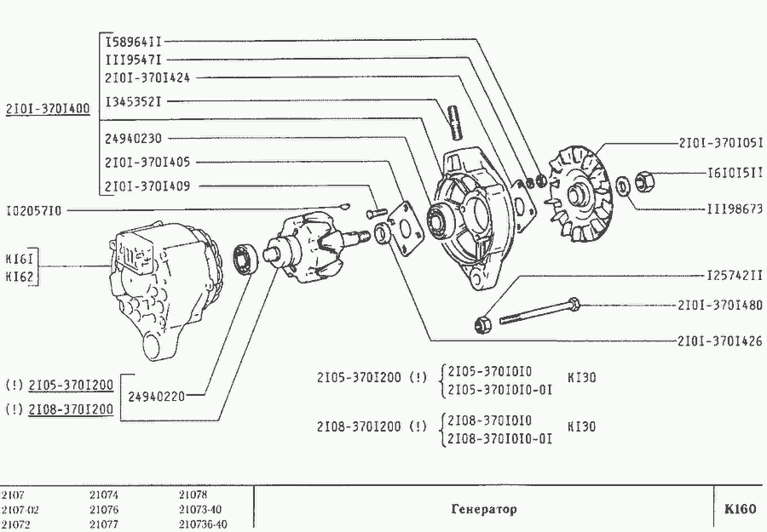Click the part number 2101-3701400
(48, 109)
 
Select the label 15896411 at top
(134, 41)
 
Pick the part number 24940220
(156, 395)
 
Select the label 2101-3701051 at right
(720, 143)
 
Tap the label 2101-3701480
(720, 305)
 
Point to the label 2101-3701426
(720, 340)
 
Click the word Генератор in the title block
(483, 509)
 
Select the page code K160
(739, 509)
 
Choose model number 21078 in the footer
(193, 494)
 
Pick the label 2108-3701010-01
(499, 439)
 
